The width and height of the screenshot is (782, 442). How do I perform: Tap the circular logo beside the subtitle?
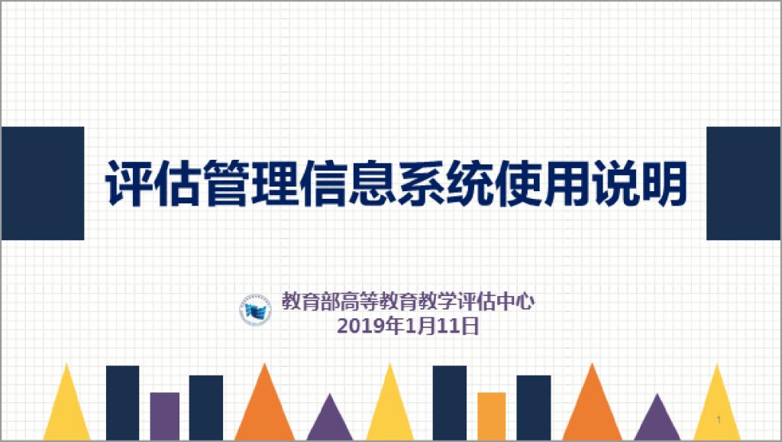(x=255, y=310)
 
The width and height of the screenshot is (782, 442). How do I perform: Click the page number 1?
(x=719, y=419)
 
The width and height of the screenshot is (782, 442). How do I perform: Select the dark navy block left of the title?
(x=43, y=184)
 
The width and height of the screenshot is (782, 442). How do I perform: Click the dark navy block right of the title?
(x=743, y=184)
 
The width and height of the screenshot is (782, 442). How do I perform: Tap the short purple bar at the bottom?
(x=165, y=416)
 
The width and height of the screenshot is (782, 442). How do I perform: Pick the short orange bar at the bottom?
(x=492, y=416)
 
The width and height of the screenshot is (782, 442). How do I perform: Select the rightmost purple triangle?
(x=657, y=421)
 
